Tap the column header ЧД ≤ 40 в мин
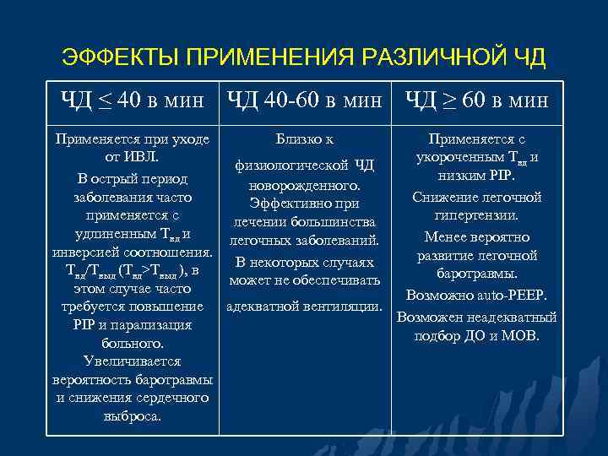[133, 101]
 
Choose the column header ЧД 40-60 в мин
[305, 101]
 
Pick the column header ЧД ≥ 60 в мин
[477, 101]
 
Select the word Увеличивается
[133, 361]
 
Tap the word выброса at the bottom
[133, 416]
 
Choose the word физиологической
[288, 164]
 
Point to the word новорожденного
[305, 185]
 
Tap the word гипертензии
[477, 215]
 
